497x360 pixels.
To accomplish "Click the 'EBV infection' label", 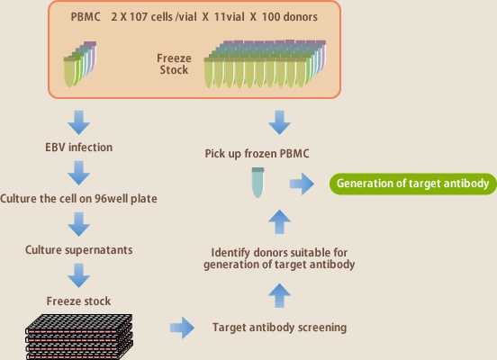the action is [x=78, y=148].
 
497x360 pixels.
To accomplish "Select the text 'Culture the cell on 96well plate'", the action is [x=78, y=199].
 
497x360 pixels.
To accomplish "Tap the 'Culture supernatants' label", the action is [x=78, y=250].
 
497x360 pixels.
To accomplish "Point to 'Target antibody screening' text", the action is [x=279, y=328].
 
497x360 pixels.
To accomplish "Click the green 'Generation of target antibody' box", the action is [x=413, y=184].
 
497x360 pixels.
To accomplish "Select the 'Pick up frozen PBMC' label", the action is [x=257, y=154].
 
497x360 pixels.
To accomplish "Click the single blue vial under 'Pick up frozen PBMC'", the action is [x=258, y=183].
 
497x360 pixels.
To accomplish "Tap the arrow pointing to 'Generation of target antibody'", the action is [x=302, y=184].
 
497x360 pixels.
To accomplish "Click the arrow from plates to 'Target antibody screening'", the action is [x=182, y=328].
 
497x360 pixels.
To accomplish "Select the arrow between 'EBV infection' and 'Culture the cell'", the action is [x=78, y=173].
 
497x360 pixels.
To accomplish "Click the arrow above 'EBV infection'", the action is [x=78, y=122].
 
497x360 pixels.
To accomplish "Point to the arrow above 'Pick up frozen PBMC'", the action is [x=279, y=122].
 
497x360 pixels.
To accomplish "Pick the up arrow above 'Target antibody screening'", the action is [x=279, y=295].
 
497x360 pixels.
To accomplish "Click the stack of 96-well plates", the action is [x=79, y=337].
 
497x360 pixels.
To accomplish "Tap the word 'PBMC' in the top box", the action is [x=86, y=17].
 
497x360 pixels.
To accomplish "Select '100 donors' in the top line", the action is [x=289, y=17].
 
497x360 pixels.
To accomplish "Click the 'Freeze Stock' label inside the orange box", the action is [x=174, y=64].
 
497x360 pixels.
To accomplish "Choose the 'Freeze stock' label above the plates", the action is [x=78, y=301].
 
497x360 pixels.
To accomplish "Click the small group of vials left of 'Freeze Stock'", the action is [x=80, y=64].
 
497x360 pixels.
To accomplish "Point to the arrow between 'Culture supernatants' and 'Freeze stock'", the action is [x=78, y=275].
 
